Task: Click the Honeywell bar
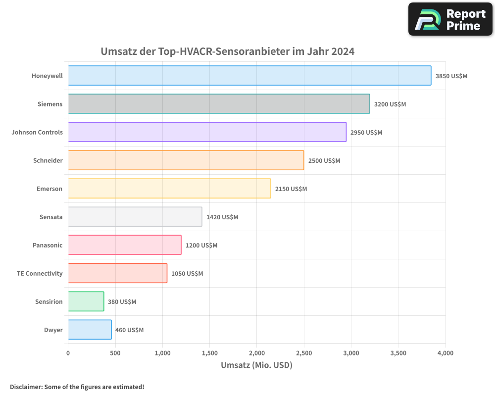[249, 76]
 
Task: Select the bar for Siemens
[219, 104]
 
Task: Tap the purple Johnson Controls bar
[207, 132]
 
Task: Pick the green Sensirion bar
[86, 301]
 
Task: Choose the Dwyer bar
[90, 330]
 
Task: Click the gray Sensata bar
[135, 217]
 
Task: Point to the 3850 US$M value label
[451, 76]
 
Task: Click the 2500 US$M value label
[324, 161]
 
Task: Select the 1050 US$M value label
[187, 274]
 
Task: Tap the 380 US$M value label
[122, 302]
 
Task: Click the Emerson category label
[49, 189]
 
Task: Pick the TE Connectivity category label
[40, 274]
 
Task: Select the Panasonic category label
[48, 246]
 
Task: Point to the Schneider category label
[48, 161]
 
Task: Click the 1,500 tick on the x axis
[209, 353]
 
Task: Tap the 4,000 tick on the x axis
[445, 353]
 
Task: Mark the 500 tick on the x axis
[115, 353]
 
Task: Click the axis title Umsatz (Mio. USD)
[256, 366]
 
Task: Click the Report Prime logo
[450, 19]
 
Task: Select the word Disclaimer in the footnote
[26, 387]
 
